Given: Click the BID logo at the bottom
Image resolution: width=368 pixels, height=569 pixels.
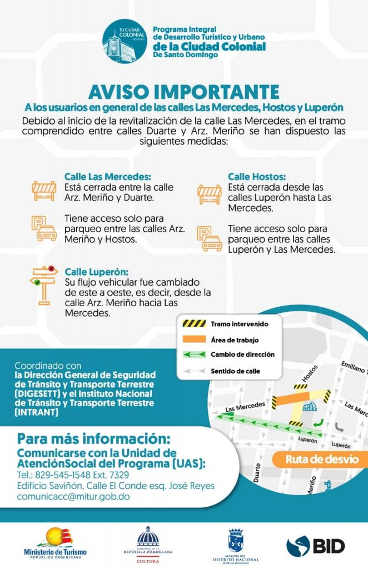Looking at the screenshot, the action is pyautogui.click(x=315, y=546).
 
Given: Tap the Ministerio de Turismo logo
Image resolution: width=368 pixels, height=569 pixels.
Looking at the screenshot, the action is pyautogui.click(x=55, y=543).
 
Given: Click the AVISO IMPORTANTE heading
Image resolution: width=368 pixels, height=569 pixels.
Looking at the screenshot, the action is pyautogui.click(x=183, y=92).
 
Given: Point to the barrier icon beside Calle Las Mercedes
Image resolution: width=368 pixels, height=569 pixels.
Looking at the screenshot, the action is pyautogui.click(x=44, y=191).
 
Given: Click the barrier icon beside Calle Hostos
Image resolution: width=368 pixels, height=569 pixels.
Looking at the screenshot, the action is pyautogui.click(x=210, y=194).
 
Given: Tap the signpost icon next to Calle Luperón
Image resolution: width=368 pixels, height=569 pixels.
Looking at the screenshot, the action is pyautogui.click(x=43, y=286).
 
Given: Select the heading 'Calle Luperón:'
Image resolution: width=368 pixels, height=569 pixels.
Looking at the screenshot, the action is pyautogui.click(x=97, y=272).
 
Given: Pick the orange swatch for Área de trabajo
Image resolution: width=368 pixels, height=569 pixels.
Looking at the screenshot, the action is pyautogui.click(x=194, y=340).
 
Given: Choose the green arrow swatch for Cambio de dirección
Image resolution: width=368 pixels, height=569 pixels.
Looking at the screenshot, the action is pyautogui.click(x=194, y=355).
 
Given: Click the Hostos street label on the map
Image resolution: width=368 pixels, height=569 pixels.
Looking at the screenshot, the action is pyautogui.click(x=310, y=374).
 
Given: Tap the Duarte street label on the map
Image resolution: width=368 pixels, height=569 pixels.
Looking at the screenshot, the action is pyautogui.click(x=257, y=473).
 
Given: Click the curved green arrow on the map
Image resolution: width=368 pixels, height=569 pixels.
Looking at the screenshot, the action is pyautogui.click(x=319, y=423).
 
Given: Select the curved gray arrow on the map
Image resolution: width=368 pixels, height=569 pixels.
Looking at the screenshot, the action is pyautogui.click(x=339, y=427).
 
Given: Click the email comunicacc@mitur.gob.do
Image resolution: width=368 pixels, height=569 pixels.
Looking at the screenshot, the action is pyautogui.click(x=73, y=496).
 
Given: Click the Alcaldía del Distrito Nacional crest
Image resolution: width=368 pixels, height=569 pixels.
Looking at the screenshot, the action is pyautogui.click(x=236, y=541).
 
